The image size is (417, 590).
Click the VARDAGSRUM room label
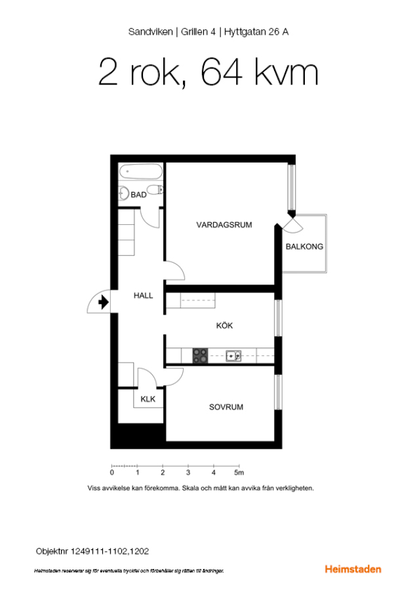(224, 225)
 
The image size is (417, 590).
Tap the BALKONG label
(304, 247)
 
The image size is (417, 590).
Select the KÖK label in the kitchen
(224, 325)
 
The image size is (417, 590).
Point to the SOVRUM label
(226, 407)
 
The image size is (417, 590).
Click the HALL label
(143, 296)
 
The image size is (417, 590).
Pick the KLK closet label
(148, 399)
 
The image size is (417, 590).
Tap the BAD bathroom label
(138, 195)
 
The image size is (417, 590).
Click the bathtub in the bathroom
(141, 172)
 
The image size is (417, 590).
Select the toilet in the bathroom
(155, 189)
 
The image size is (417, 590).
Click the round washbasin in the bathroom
(124, 194)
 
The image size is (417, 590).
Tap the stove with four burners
(200, 355)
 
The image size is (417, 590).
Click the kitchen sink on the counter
(233, 355)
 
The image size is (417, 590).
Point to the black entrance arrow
(104, 302)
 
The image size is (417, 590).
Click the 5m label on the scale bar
(239, 473)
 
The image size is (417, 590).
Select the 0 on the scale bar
(111, 473)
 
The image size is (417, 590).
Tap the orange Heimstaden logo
(353, 569)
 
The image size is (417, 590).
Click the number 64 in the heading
(221, 72)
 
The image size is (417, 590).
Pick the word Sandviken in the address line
(151, 32)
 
